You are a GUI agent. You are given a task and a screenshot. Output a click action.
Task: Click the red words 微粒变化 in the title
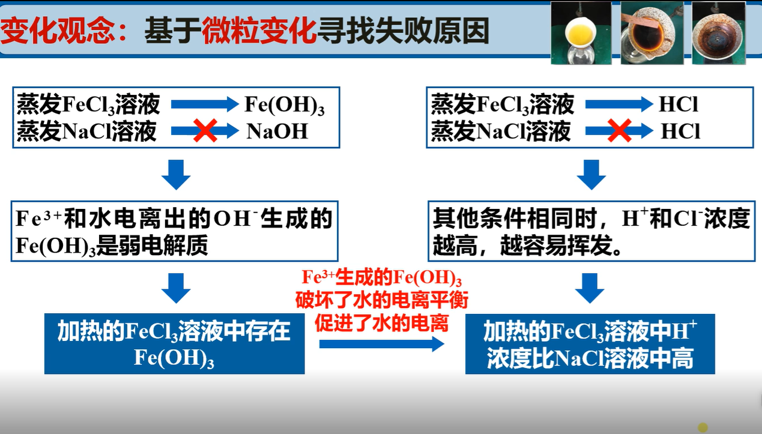(x=259, y=31)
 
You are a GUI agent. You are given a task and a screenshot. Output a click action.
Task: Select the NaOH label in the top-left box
(x=277, y=131)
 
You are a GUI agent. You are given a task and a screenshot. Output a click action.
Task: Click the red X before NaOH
(x=205, y=131)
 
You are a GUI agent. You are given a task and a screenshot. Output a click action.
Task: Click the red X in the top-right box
(x=619, y=131)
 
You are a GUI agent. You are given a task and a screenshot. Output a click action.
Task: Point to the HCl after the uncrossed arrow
(x=679, y=104)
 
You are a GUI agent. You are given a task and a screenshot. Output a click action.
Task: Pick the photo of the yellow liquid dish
(x=581, y=32)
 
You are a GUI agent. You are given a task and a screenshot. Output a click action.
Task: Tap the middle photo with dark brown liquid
(x=652, y=34)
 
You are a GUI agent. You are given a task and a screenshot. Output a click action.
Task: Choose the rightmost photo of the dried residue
(x=719, y=34)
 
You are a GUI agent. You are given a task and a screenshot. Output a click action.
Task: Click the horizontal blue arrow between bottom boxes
(x=381, y=344)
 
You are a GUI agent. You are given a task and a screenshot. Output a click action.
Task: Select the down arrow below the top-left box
(x=176, y=175)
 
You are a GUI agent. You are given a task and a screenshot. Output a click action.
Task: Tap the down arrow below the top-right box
(x=591, y=175)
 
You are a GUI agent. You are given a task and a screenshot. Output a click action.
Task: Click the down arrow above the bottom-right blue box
(x=590, y=288)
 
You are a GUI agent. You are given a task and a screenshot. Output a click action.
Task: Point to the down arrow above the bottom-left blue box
(x=176, y=288)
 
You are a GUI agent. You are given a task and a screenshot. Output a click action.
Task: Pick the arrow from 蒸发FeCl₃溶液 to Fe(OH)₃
(x=204, y=104)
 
